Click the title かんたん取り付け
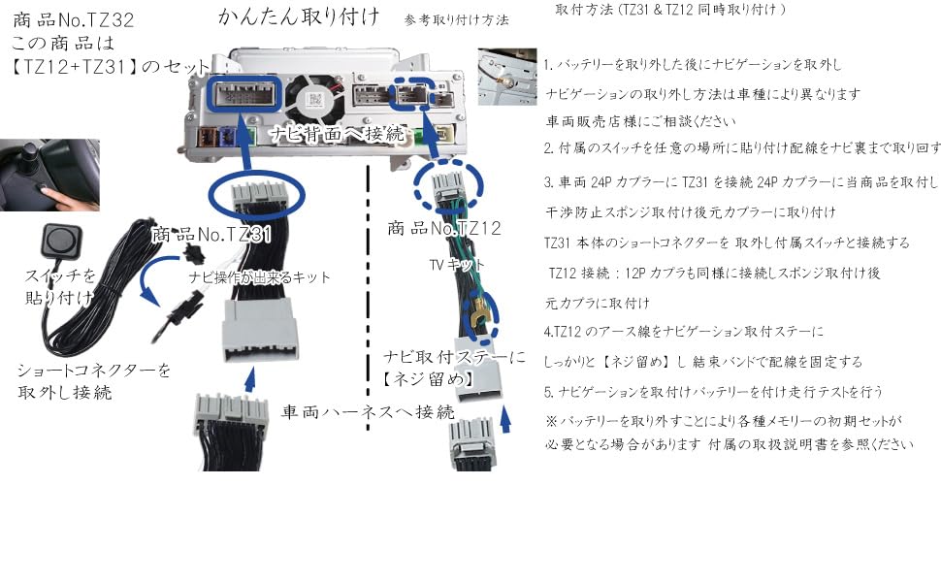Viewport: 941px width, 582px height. pos(299,16)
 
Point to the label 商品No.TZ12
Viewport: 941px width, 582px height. pos(443,228)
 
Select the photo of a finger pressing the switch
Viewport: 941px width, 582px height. pos(49,175)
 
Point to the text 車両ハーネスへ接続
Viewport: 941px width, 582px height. pos(368,411)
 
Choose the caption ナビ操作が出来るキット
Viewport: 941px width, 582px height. pos(259,277)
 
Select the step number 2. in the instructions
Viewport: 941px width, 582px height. pos(548,148)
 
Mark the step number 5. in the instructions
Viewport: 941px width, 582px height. pos(548,392)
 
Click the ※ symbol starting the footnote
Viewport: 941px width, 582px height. pos(550,421)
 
